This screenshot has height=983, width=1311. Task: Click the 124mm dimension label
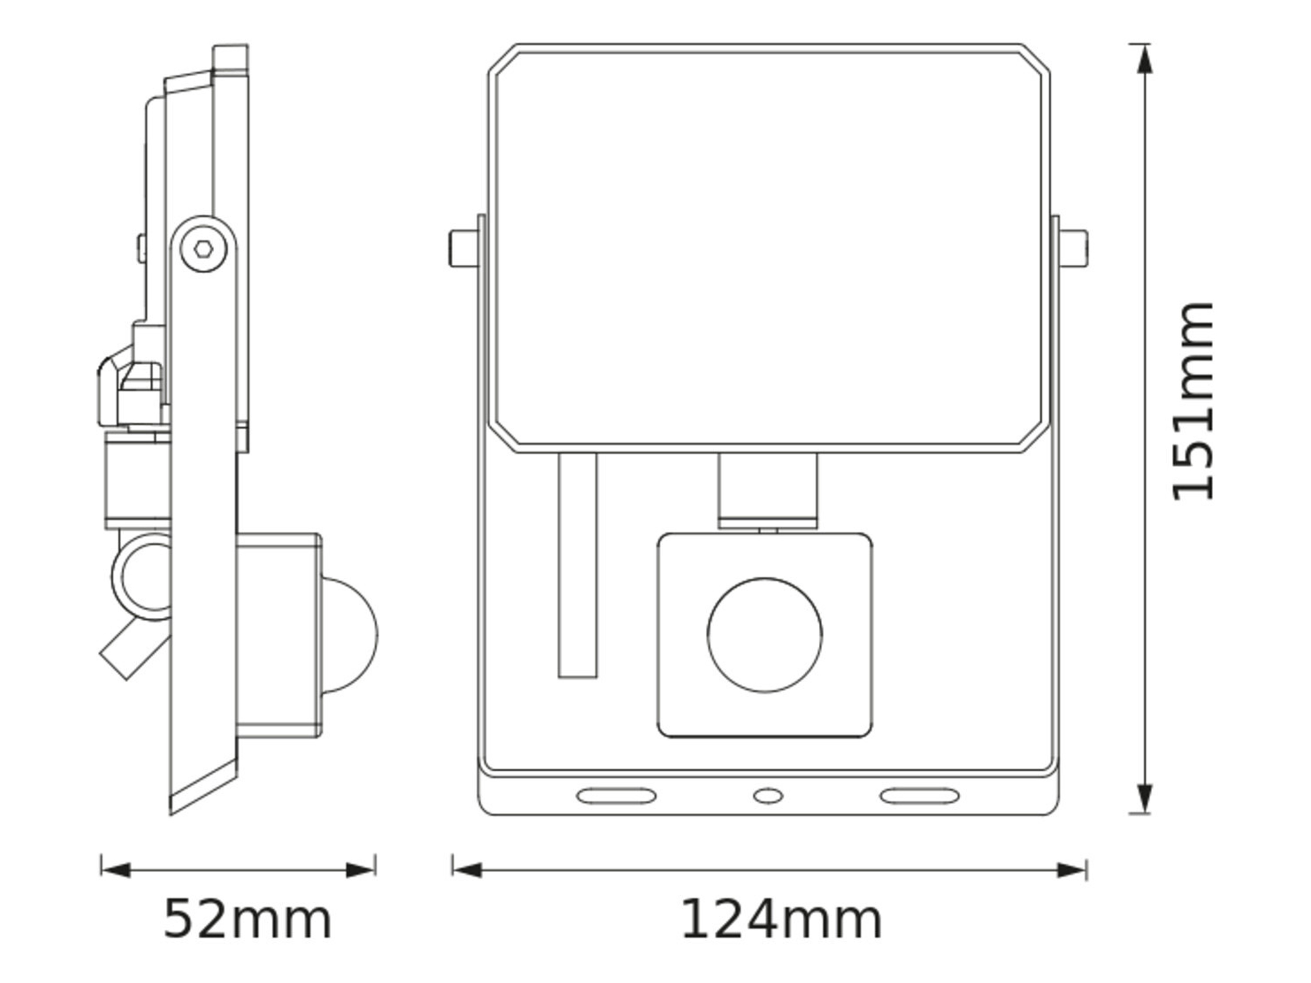(781, 920)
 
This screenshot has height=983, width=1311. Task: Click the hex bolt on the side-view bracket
(203, 249)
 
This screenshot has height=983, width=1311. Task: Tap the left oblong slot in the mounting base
(616, 796)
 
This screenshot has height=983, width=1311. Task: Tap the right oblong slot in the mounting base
(919, 796)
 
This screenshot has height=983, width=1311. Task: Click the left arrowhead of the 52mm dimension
(116, 870)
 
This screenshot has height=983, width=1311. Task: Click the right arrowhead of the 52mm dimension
(360, 870)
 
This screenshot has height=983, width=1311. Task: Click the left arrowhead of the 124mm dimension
(467, 870)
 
